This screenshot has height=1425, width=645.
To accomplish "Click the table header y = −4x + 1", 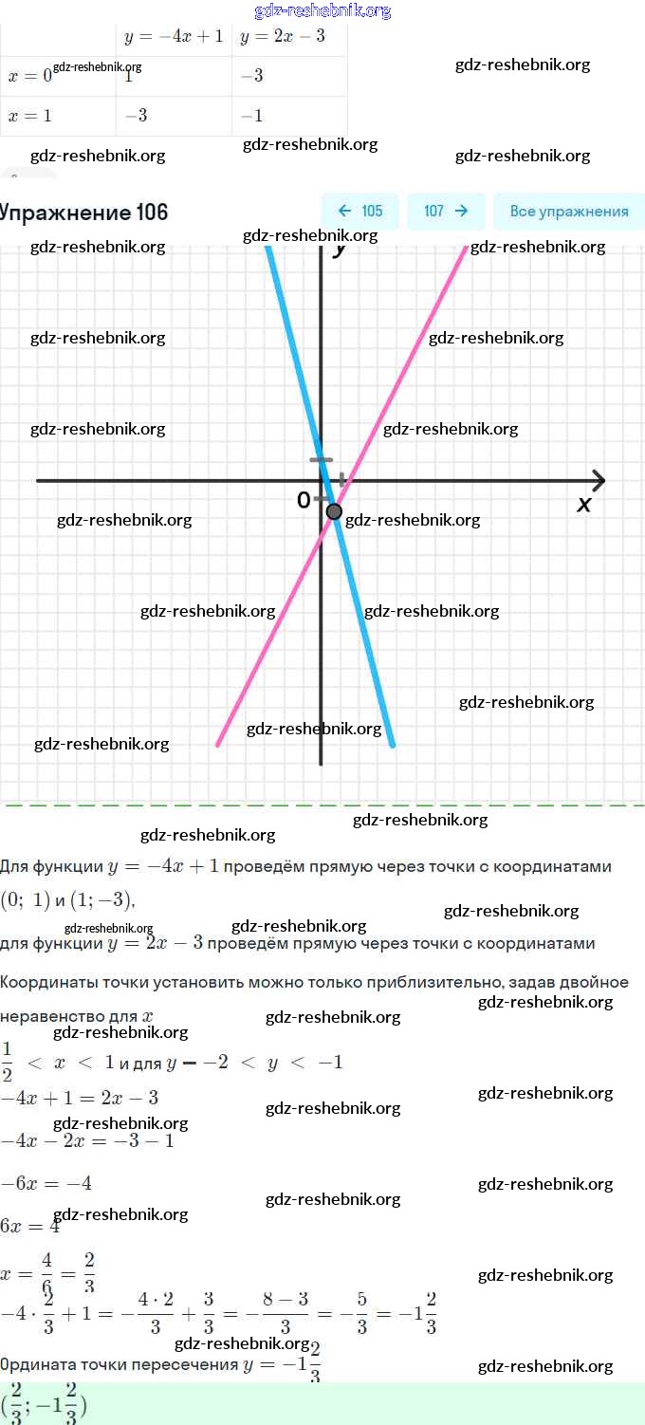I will tap(174, 36).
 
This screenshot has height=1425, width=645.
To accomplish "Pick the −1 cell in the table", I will tap(251, 116).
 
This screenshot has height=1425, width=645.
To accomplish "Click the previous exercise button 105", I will tap(359, 212).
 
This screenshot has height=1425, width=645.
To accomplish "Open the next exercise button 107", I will tap(446, 212).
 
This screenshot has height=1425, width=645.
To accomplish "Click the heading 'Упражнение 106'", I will tap(83, 213).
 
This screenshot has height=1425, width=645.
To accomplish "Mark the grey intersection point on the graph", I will tap(334, 511).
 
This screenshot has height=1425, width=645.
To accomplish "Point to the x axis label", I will tap(584, 505).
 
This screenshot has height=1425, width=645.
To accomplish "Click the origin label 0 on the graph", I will tap(304, 500).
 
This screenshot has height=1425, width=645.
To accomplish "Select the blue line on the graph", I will tap(370, 645).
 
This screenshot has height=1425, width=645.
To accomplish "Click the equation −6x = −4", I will tap(46, 1183).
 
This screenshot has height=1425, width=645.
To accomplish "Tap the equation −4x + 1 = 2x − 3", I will tap(80, 1099).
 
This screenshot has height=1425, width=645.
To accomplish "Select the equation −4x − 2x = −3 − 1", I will tap(87, 1140).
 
